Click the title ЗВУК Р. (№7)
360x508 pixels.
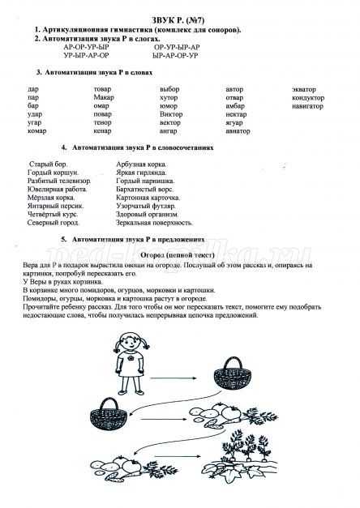[179, 19]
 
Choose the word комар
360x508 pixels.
[36, 130]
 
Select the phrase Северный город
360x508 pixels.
[52, 222]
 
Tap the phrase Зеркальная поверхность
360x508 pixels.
[155, 222]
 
